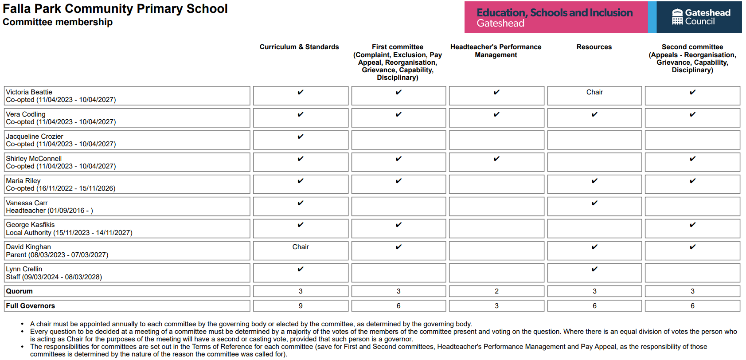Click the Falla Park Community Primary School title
(x=115, y=9)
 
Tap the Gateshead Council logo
(x=700, y=17)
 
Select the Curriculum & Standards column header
(x=299, y=47)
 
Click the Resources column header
(x=594, y=47)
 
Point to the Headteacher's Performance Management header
(x=496, y=51)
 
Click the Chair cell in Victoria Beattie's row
(x=594, y=92)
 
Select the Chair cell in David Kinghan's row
(x=301, y=247)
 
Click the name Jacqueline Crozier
(x=35, y=137)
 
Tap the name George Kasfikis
(x=31, y=225)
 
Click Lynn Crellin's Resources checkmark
(x=594, y=269)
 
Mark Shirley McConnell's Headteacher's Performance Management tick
(x=496, y=159)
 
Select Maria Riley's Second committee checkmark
(x=692, y=181)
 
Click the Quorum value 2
(x=496, y=291)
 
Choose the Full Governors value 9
(x=301, y=306)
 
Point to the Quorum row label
(x=20, y=291)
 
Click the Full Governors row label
(x=31, y=306)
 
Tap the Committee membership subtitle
(x=58, y=22)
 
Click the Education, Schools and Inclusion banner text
(x=555, y=13)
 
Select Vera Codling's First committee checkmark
(x=398, y=114)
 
